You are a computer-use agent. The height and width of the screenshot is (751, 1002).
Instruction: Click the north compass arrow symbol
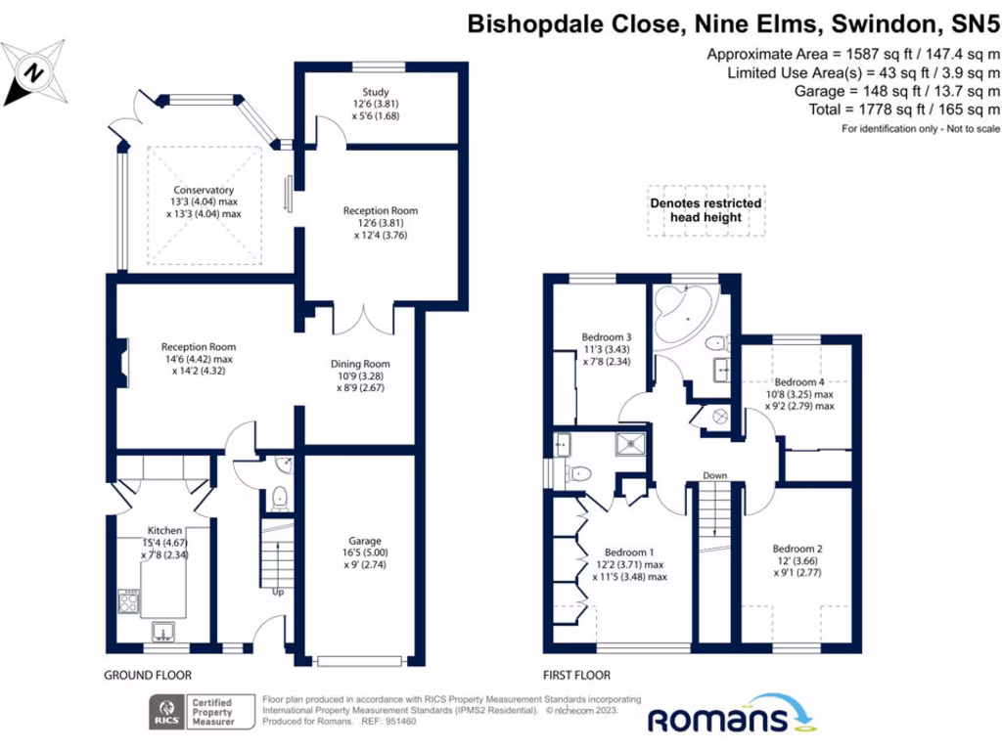tap(34, 71)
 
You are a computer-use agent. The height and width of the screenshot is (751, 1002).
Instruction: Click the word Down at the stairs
tap(714, 476)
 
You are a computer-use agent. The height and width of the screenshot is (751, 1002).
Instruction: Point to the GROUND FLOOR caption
tap(148, 675)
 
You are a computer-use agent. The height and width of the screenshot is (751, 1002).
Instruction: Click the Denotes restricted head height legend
tap(706, 210)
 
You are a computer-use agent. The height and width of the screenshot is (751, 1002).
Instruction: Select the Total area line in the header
tap(905, 110)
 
